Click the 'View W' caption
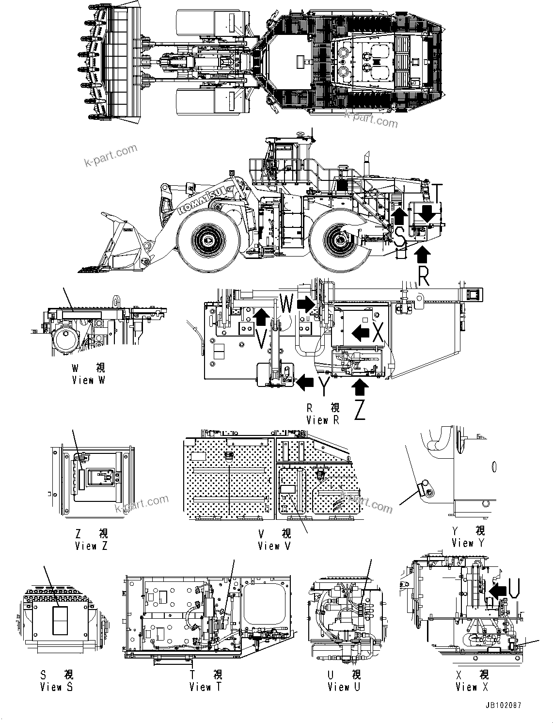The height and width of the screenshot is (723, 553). (88, 381)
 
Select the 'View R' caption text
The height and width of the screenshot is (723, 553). (323, 420)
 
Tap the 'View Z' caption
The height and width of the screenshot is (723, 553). (91, 546)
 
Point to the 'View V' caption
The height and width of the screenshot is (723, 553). (275, 546)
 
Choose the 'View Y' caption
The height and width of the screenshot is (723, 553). (468, 543)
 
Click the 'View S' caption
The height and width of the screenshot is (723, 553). (56, 687)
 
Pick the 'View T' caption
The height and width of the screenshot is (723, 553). (205, 687)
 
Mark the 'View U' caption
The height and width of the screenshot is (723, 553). (344, 687)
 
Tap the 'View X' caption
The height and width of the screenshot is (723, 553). (472, 687)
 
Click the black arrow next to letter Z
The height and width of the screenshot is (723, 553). (359, 386)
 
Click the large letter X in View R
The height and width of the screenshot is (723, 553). (378, 333)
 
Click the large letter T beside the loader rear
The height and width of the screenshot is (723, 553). (437, 193)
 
